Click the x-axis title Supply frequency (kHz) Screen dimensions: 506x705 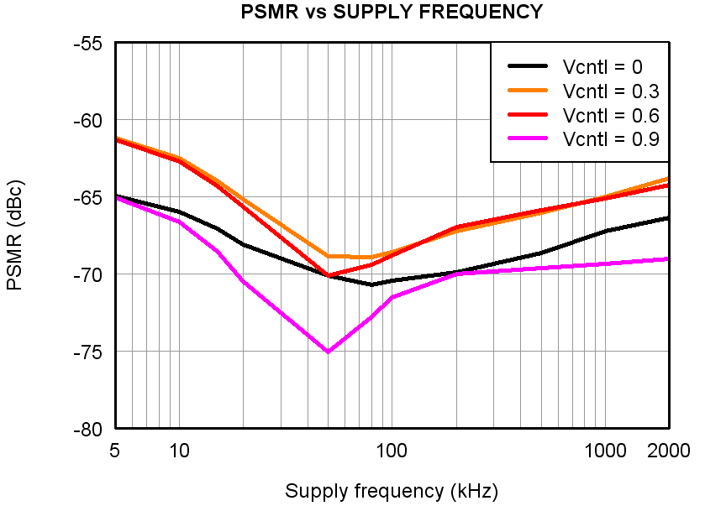[391, 491]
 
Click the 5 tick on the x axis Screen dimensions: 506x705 [114, 451]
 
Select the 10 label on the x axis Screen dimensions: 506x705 [179, 451]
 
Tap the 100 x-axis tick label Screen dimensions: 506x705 [392, 451]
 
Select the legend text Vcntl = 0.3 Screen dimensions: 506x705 [611, 91]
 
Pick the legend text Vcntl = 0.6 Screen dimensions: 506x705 [611, 115]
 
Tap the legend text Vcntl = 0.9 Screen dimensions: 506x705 [611, 138]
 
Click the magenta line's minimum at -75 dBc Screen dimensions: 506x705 [328, 352]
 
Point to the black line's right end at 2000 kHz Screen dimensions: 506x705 [669, 218]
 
